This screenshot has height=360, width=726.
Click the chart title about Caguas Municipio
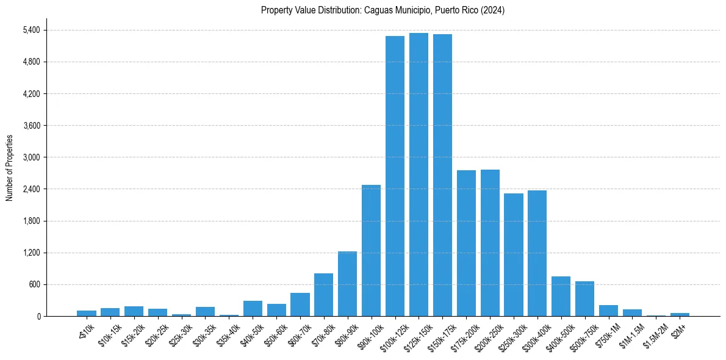coord(383,10)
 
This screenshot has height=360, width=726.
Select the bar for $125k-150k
coord(419,175)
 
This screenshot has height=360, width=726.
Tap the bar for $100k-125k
coord(395,176)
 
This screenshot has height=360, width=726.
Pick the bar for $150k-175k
coord(442,175)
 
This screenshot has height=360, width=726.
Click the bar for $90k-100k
coord(371,250)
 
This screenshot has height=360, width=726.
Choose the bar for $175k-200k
coord(466,243)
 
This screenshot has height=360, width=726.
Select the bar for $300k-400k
coord(537,253)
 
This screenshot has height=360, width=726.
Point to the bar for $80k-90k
coord(347,284)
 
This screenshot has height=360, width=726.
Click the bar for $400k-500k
coord(561,296)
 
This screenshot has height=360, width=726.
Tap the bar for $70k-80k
coord(323,295)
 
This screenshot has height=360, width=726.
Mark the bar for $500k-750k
coord(584,298)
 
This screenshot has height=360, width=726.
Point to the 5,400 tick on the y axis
coord(31,30)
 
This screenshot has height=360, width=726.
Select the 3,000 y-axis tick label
coord(31,157)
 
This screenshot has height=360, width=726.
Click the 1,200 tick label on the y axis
coord(31,253)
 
